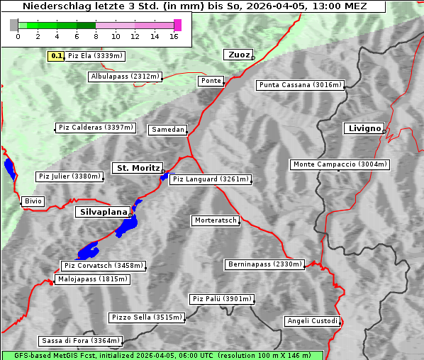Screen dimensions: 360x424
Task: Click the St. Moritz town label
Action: [138, 168]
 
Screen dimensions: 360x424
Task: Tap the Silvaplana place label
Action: [104, 212]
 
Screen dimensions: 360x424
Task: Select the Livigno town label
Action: [364, 128]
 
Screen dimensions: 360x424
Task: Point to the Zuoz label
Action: [238, 55]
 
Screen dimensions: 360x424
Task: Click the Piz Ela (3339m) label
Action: [96, 55]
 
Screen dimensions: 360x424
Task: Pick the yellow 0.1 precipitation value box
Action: [57, 55]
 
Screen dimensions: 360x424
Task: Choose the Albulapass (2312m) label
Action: [125, 77]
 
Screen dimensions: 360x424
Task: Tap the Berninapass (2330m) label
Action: [264, 264]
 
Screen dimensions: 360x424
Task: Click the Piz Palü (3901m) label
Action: [221, 299]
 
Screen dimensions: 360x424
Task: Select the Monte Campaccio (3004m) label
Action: [340, 164]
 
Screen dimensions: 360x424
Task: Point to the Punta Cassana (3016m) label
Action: [300, 85]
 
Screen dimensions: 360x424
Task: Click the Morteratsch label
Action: [215, 220]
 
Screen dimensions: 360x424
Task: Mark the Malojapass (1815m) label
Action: [93, 279]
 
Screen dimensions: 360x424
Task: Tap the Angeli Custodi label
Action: [312, 321]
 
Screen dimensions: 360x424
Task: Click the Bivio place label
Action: [33, 201]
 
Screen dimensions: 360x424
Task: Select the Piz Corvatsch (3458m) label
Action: [104, 266]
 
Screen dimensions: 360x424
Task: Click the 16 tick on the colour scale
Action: [174, 36]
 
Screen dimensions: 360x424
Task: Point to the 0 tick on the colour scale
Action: [18, 36]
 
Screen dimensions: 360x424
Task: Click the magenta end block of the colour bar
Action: [177, 25]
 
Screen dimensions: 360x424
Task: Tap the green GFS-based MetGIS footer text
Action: [162, 355]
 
